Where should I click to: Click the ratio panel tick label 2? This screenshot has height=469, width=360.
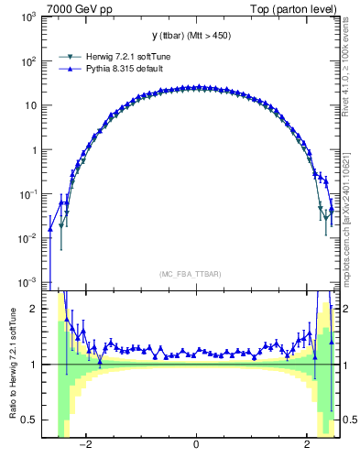tap(34, 310)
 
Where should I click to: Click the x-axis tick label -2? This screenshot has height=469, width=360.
tap(84, 446)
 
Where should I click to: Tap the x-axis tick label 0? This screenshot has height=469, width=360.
tap(196, 446)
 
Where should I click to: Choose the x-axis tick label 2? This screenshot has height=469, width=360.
tap(306, 446)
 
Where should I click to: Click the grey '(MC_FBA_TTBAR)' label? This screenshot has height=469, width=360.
tap(195, 274)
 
